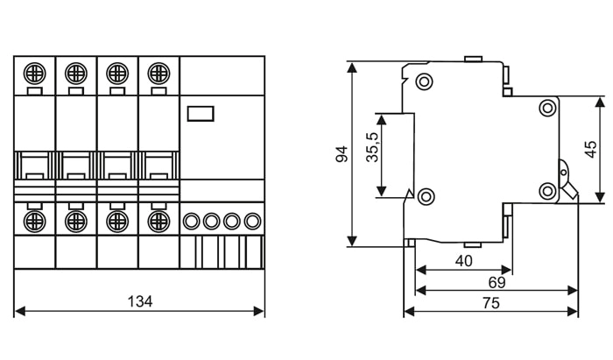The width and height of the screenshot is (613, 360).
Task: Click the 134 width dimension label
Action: tap(140, 301)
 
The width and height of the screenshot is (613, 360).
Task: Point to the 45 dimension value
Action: tap(591, 149)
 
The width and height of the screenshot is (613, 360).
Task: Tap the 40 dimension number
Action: tap(463, 260)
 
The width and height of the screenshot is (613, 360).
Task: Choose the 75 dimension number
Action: tap(490, 303)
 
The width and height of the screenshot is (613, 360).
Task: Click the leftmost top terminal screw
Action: tap(35, 72)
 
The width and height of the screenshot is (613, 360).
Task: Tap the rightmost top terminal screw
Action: tap(159, 72)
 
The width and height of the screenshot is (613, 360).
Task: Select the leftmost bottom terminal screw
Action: tap(35, 220)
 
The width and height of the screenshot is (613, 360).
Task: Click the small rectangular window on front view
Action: tap(201, 112)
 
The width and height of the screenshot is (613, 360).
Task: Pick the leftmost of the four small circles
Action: tap(190, 221)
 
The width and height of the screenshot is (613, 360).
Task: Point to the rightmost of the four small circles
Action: tap(253, 221)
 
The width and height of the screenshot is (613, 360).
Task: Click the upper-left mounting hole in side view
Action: tap(425, 83)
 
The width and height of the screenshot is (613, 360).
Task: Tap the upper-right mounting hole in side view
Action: tap(548, 108)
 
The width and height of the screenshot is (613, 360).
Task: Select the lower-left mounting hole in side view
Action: tap(425, 195)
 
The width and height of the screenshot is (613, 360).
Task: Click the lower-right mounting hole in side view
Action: tap(548, 190)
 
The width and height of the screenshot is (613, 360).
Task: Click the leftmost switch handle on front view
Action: tap(35, 166)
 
